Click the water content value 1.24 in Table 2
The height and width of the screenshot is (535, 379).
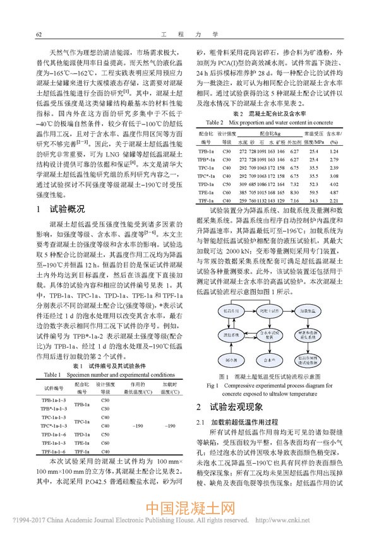(x=352, y=151)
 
